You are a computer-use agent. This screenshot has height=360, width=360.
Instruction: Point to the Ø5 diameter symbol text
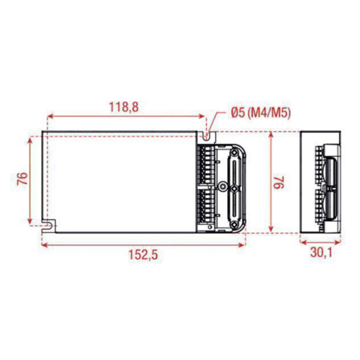(239, 113)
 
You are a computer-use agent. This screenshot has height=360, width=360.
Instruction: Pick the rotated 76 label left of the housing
(21, 179)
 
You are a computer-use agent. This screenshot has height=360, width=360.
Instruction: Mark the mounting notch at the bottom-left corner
(48, 225)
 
